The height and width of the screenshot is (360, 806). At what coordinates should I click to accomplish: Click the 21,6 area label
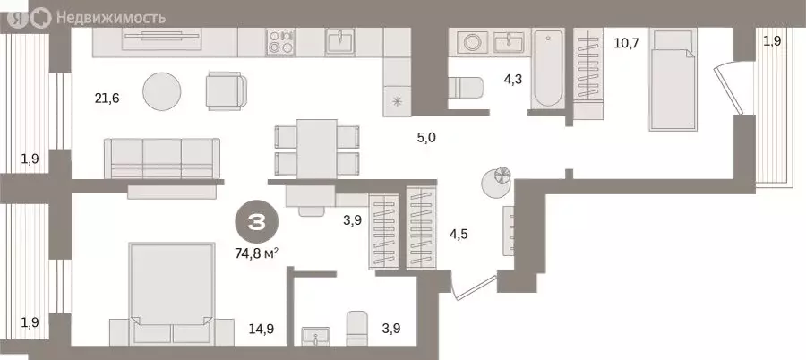coord(107,98)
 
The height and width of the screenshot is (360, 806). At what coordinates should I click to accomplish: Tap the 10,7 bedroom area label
coord(626,43)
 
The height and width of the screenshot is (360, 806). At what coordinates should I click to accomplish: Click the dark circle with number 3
coord(257,223)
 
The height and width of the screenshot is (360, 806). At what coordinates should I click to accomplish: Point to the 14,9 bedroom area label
coord(261,329)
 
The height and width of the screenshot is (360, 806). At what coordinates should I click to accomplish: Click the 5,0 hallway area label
coord(426,137)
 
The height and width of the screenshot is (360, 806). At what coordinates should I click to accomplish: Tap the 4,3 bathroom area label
coord(513,81)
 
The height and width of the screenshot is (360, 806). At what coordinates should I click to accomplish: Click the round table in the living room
coord(162,91)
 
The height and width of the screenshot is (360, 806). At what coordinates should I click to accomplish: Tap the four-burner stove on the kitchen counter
coord(280,42)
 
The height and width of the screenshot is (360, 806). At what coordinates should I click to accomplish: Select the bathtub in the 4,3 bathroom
coord(547,68)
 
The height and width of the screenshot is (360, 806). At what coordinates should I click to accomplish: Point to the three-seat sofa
coord(162,159)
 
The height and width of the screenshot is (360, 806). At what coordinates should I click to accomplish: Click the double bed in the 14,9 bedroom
coord(172,294)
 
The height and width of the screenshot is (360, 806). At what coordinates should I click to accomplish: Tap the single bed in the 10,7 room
coord(673,80)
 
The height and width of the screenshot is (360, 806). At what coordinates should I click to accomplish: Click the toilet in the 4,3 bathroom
coord(465,88)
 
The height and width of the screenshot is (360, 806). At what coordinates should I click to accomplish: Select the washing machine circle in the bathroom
coord(472,42)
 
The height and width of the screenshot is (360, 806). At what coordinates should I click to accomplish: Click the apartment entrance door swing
coord(474,287)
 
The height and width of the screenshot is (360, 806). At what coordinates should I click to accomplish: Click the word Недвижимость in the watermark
coord(111,18)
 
